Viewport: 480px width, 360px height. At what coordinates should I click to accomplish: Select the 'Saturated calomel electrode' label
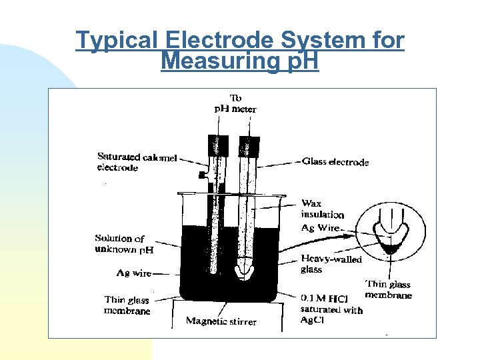tap(137, 162)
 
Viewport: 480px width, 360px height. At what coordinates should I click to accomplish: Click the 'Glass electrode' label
tap(335, 161)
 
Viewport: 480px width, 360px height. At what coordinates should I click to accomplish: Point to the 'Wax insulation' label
tap(322, 209)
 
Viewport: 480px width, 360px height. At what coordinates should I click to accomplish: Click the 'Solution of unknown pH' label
tap(124, 243)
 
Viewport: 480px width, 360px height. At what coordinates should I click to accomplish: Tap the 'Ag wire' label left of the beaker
tap(133, 273)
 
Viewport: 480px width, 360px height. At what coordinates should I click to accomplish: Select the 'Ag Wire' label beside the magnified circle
tap(321, 228)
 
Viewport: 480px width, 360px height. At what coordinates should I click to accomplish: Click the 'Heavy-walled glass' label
tap(331, 264)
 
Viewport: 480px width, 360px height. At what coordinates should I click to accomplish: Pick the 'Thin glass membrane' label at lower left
tap(127, 305)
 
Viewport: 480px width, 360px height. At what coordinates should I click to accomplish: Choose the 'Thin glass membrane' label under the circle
tap(388, 289)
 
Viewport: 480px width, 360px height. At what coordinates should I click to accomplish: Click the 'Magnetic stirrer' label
tap(221, 321)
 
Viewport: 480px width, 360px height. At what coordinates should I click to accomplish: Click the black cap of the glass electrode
tap(249, 144)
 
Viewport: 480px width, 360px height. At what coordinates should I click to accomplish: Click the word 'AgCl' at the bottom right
tap(311, 321)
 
